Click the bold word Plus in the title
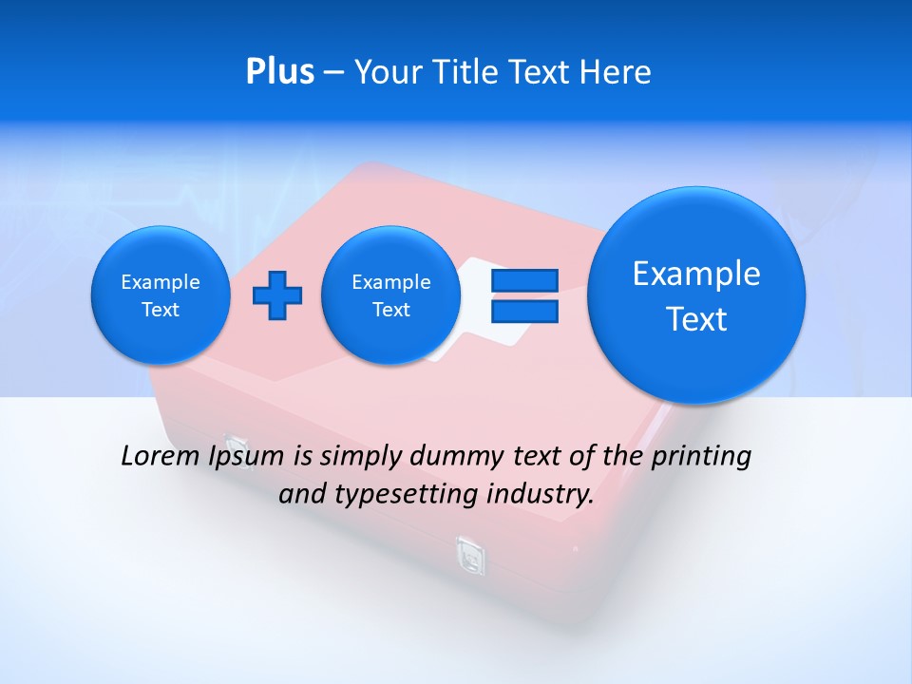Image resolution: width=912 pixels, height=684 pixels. pos(279,72)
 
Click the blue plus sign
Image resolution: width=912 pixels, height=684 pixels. pos(277,294)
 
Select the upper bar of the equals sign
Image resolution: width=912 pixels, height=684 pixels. pos(523,280)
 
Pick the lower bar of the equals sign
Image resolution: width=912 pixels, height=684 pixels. pos(523,311)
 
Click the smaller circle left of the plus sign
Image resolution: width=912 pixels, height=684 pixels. pos(161,295)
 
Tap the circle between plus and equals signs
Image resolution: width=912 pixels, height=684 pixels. pos(390,295)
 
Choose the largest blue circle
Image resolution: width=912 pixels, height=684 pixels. pos(696,295)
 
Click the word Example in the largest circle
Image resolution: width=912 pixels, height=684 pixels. pos(696,274)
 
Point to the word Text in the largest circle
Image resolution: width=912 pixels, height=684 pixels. pos(696,319)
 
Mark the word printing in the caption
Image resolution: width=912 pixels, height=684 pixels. pos(701,457)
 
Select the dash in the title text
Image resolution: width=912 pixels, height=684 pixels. pos(333,72)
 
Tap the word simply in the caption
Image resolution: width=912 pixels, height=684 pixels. pos(361,457)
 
